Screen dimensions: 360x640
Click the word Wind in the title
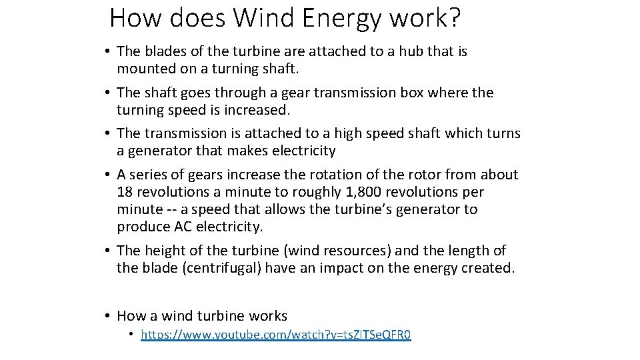click(263, 18)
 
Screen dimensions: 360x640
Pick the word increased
click(257, 109)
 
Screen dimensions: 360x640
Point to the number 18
click(125, 192)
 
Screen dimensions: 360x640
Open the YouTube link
click(276, 335)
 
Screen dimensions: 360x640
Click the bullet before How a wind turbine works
click(107, 316)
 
